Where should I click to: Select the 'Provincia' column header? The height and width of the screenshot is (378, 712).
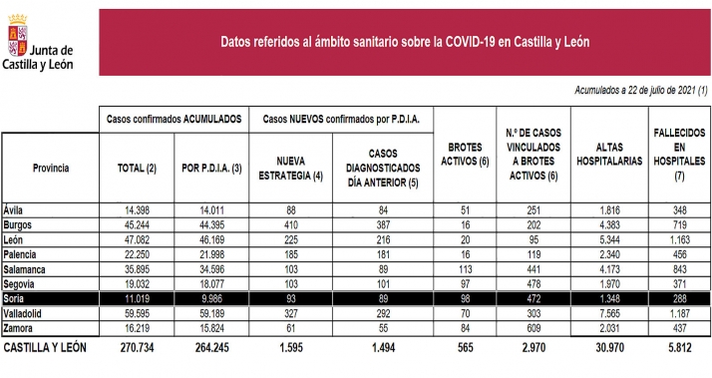50,169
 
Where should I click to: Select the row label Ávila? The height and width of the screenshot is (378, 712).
17,210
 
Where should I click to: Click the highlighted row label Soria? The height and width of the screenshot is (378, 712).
17,299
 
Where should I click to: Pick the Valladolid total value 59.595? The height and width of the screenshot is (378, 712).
132,313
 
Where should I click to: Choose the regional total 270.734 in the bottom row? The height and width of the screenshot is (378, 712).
132,349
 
